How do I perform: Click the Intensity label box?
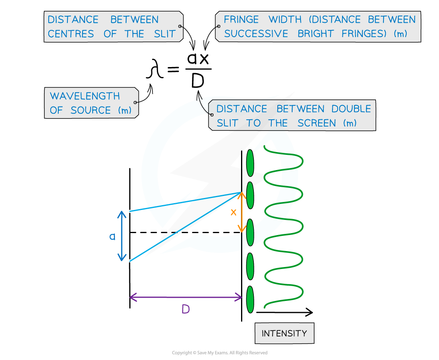tap(284, 333)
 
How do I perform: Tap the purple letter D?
tap(185, 309)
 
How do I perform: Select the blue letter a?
tap(113, 237)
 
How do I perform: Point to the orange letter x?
tap(233, 212)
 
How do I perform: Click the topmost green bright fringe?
tap(250, 163)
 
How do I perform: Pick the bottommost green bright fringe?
tap(250, 299)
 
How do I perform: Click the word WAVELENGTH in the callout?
tap(85, 96)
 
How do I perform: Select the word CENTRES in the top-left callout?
tap(71, 34)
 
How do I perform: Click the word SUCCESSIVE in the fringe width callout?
tap(256, 34)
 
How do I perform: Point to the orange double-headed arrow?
tap(241, 212)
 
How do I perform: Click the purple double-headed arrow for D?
tap(186, 297)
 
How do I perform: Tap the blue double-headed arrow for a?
tap(122, 236)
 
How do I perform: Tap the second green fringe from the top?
tap(250, 195)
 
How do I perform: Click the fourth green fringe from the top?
tap(250, 266)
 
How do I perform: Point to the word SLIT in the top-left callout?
tap(165, 34)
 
